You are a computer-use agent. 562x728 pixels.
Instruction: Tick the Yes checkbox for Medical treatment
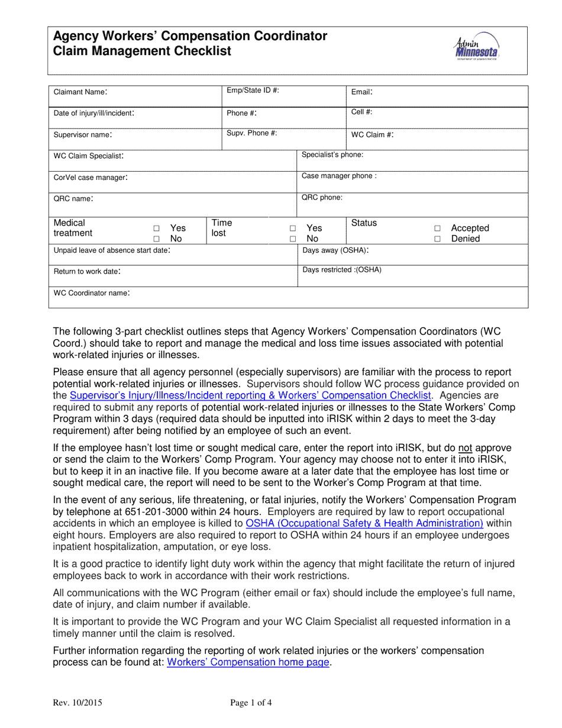click(157, 228)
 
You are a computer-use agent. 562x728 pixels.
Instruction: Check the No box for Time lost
click(293, 239)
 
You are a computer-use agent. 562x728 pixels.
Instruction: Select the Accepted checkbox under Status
click(438, 228)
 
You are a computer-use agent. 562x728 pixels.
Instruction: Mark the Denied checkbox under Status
click(438, 239)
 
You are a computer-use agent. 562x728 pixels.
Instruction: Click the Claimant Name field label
click(81, 92)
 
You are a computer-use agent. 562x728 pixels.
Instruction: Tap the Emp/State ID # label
click(253, 90)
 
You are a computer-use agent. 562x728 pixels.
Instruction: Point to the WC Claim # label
click(373, 134)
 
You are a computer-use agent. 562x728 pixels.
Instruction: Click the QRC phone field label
click(322, 198)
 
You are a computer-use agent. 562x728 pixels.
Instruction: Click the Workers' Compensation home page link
click(248, 662)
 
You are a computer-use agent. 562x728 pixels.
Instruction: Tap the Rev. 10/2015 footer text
click(77, 703)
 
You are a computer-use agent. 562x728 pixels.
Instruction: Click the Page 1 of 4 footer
click(251, 703)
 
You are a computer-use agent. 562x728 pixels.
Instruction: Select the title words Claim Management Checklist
click(142, 51)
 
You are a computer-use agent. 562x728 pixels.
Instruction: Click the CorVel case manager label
click(91, 178)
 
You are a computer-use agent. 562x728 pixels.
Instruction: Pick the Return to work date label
click(88, 272)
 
